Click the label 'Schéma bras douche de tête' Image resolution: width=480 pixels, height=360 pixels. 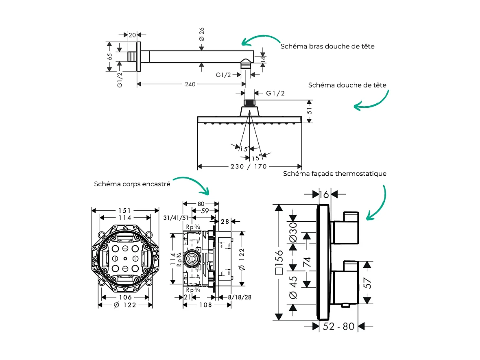pyautogui.click(x=327, y=46)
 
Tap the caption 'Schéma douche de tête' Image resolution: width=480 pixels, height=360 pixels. pyautogui.click(x=347, y=85)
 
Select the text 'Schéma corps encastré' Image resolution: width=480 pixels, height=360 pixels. pyautogui.click(x=132, y=184)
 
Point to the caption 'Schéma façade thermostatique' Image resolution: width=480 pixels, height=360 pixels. pyautogui.click(x=334, y=174)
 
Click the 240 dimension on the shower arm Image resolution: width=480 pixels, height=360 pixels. pyautogui.click(x=190, y=84)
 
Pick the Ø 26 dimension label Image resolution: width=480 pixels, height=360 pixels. pyautogui.click(x=201, y=34)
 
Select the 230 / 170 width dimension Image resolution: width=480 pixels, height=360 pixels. pyautogui.click(x=249, y=166)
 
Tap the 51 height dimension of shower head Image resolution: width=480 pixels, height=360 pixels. pyautogui.click(x=309, y=110)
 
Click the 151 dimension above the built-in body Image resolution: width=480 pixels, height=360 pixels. pyautogui.click(x=125, y=210)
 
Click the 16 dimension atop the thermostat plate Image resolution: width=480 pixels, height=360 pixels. pyautogui.click(x=324, y=195)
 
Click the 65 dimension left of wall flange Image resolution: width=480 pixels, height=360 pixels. pyautogui.click(x=110, y=57)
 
